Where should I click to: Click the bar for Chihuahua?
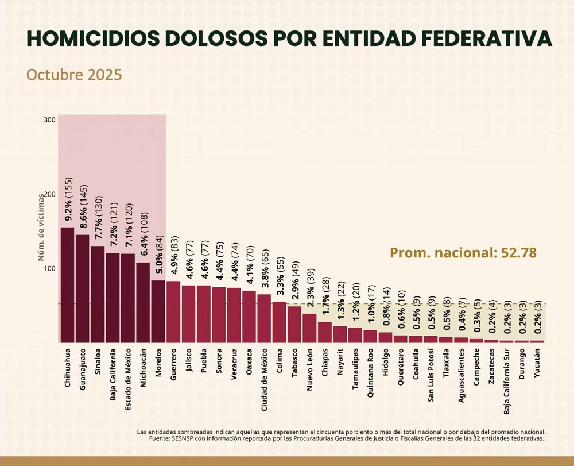pyautogui.click(x=67, y=285)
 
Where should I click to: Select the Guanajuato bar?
pyautogui.click(x=82, y=288)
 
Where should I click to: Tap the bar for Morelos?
pyautogui.click(x=157, y=311)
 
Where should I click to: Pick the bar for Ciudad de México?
pyautogui.click(x=264, y=318)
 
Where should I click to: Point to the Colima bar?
pyautogui.click(x=279, y=322)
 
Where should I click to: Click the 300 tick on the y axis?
pyautogui.click(x=49, y=120)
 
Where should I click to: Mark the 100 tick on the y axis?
pyautogui.click(x=49, y=268)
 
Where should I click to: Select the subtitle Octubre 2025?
pyautogui.click(x=74, y=75)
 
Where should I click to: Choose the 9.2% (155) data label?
pyautogui.click(x=68, y=202)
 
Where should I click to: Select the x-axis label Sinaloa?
pyautogui.click(x=98, y=360)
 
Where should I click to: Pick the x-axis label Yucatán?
pyautogui.click(x=536, y=363)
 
